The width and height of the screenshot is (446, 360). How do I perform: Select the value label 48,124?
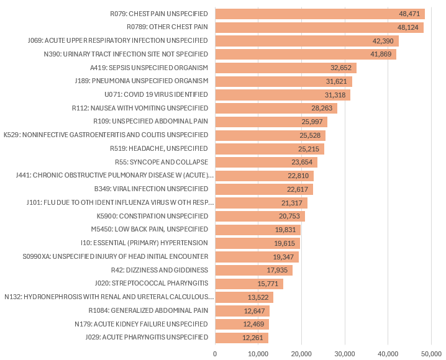[x=409, y=27]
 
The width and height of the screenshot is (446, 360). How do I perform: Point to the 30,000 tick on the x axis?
[x=345, y=353]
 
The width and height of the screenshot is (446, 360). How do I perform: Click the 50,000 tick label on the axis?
[x=431, y=353]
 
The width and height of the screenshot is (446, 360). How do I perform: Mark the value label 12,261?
[x=255, y=338]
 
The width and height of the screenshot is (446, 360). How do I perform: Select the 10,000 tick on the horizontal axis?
[x=258, y=353]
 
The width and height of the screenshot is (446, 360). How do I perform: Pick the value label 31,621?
[x=339, y=81]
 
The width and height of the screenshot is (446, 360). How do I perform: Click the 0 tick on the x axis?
[x=215, y=353]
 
